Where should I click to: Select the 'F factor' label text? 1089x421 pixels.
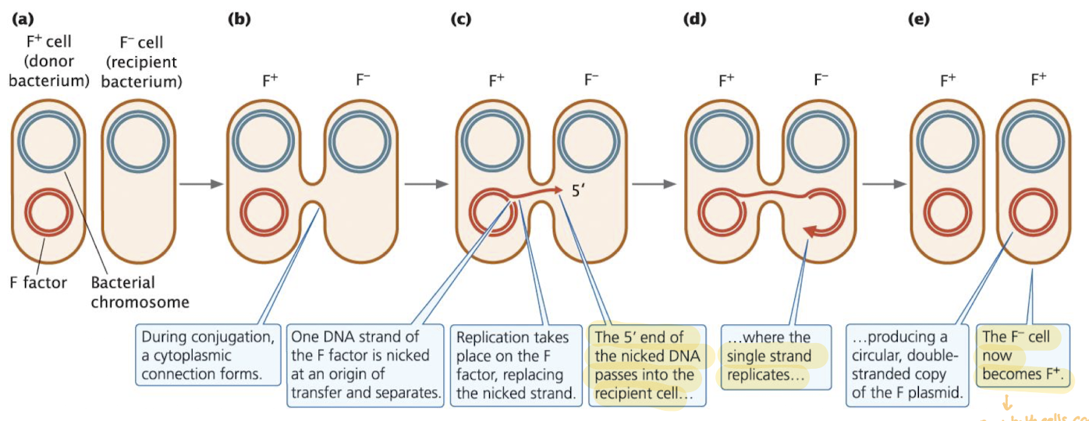[x=37, y=282]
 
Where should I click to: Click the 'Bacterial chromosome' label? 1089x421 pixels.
[x=140, y=292]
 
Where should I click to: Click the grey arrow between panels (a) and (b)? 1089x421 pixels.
[x=200, y=184]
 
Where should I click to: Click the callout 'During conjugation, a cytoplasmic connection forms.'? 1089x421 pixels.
[x=209, y=356]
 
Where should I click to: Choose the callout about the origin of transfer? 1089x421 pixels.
[x=365, y=365]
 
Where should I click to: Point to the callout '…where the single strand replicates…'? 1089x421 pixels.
[x=769, y=356]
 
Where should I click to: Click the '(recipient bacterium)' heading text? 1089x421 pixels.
[x=149, y=70]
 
